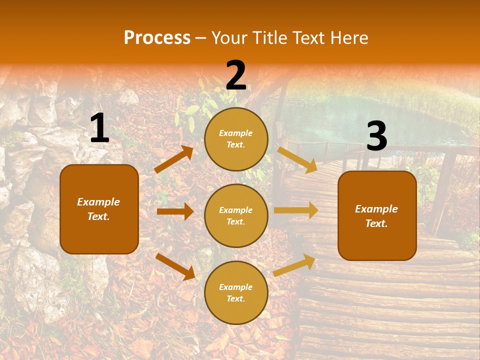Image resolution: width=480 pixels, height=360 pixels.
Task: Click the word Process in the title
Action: coord(157,37)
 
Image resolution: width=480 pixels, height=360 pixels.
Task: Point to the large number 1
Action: coord(99,128)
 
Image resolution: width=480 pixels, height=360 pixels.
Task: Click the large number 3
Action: coord(376,136)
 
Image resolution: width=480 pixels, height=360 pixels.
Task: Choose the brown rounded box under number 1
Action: coord(99,209)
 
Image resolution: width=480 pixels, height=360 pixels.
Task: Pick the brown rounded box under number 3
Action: coord(377,216)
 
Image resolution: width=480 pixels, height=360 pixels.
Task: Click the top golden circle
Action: coord(236,139)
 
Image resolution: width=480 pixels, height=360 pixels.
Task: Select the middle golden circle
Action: coord(236,215)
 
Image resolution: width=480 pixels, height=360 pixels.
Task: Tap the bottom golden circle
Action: coord(236,292)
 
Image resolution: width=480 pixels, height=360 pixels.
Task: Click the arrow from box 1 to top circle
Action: coord(174,159)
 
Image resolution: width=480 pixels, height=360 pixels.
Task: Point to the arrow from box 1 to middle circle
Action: coord(175,211)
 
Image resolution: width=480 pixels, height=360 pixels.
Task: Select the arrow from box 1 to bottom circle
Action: coord(175,266)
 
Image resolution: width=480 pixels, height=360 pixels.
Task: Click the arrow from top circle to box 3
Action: coord(297,159)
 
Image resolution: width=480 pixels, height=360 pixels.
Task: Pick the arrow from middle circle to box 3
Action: coord(296,210)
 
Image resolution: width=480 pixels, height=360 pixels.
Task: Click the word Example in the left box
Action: coord(98,202)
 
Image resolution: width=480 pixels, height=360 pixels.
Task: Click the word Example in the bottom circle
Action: coord(236,287)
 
